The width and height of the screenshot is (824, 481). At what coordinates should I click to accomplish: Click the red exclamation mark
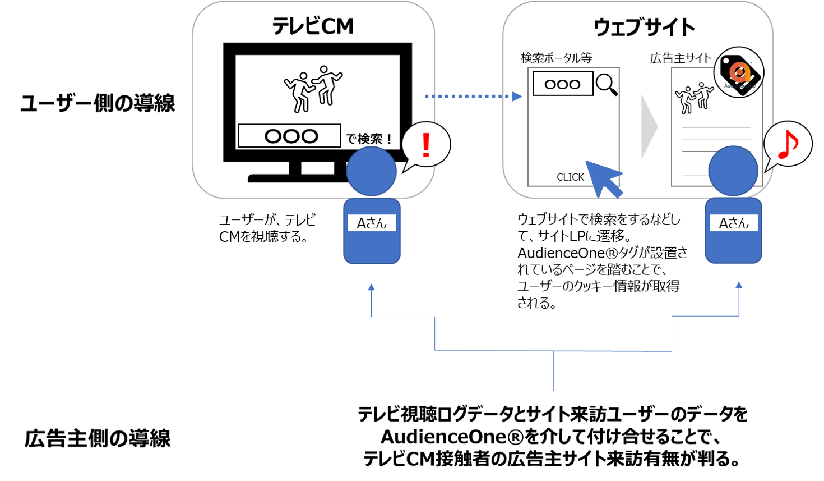click(426, 145)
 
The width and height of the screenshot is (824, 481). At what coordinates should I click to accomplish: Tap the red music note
click(788, 144)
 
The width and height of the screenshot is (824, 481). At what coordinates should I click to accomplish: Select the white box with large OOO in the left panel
click(289, 136)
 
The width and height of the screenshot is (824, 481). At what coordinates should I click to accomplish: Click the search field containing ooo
click(563, 84)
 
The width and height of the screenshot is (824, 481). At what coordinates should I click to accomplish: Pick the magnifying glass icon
click(607, 84)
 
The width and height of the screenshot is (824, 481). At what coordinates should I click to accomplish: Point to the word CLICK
click(570, 177)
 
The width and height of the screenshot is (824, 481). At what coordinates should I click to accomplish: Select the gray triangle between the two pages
click(649, 127)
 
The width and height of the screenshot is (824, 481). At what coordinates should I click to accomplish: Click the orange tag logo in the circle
click(739, 73)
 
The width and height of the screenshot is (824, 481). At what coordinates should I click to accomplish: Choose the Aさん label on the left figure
click(372, 223)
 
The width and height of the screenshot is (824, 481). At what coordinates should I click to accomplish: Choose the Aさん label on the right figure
click(734, 223)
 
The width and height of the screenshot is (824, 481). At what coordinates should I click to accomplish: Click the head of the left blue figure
click(371, 171)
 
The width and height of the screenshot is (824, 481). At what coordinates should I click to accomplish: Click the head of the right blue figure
click(733, 171)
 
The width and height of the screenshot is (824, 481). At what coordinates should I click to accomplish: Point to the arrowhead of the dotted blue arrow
click(518, 97)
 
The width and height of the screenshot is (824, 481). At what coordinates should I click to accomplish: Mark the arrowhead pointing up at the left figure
click(371, 287)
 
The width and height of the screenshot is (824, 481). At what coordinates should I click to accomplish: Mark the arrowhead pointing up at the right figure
click(739, 285)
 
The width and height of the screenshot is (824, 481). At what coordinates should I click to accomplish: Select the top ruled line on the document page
click(716, 127)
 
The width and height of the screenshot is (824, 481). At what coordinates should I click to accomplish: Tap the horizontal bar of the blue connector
click(553, 351)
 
